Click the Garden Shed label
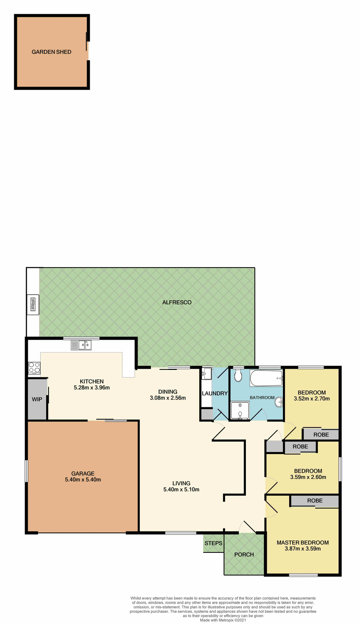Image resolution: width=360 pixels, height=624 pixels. point(51,52)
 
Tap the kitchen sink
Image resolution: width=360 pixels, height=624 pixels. point(81,345)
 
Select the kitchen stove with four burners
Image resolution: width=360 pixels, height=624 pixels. point(34,368)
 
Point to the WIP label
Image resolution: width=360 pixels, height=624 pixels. point(37,399)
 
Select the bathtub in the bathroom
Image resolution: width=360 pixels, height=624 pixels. point(266,378)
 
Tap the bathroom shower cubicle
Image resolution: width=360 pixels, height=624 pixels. point(240,411)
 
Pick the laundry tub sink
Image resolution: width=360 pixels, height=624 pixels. point(207,374)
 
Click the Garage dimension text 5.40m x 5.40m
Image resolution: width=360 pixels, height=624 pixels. point(83,480)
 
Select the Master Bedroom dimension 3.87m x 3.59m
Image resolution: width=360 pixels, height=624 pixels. point(303,549)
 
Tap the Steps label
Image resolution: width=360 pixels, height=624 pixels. point(213,543)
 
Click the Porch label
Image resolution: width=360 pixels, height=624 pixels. point(244,554)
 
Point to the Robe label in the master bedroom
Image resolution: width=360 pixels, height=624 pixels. point(315,501)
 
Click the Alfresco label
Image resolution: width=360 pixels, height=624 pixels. point(177,302)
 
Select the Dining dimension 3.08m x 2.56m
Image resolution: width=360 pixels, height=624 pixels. point(168,398)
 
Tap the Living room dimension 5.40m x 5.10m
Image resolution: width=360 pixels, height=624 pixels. point(181,489)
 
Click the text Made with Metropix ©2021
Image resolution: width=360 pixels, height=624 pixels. point(223,620)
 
